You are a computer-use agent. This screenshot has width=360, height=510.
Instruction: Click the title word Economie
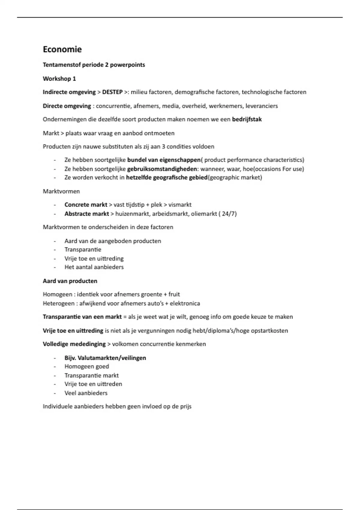tap(62, 49)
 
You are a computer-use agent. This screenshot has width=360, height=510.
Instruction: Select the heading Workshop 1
tap(59, 79)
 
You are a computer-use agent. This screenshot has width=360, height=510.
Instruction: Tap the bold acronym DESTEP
tap(112, 92)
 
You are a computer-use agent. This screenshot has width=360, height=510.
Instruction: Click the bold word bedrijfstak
tap(247, 119)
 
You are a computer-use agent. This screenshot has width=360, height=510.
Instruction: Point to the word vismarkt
tap(180, 205)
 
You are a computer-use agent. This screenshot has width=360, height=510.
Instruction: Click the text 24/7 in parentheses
tap(229, 214)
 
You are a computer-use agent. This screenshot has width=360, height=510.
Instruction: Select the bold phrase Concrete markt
tap(86, 205)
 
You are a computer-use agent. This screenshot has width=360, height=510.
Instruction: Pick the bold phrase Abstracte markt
tap(87, 214)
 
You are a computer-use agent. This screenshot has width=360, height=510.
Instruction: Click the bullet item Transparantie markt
tap(91, 376)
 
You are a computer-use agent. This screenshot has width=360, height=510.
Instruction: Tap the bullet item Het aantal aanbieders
tap(94, 267)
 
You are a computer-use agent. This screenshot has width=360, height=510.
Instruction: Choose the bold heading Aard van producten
tap(70, 281)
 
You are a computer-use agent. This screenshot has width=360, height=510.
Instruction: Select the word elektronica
tap(185, 303)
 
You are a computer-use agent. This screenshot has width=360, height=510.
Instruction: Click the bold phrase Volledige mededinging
tap(74, 344)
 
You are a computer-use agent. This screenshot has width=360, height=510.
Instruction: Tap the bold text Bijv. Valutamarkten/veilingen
tap(105, 358)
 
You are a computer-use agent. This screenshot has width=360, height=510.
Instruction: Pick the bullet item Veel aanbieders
tap(86, 393)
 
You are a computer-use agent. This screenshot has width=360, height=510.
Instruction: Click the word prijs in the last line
tap(185, 407)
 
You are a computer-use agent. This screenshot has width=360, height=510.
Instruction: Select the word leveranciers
tap(262, 106)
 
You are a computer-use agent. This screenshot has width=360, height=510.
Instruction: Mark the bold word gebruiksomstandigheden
tap(162, 169)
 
